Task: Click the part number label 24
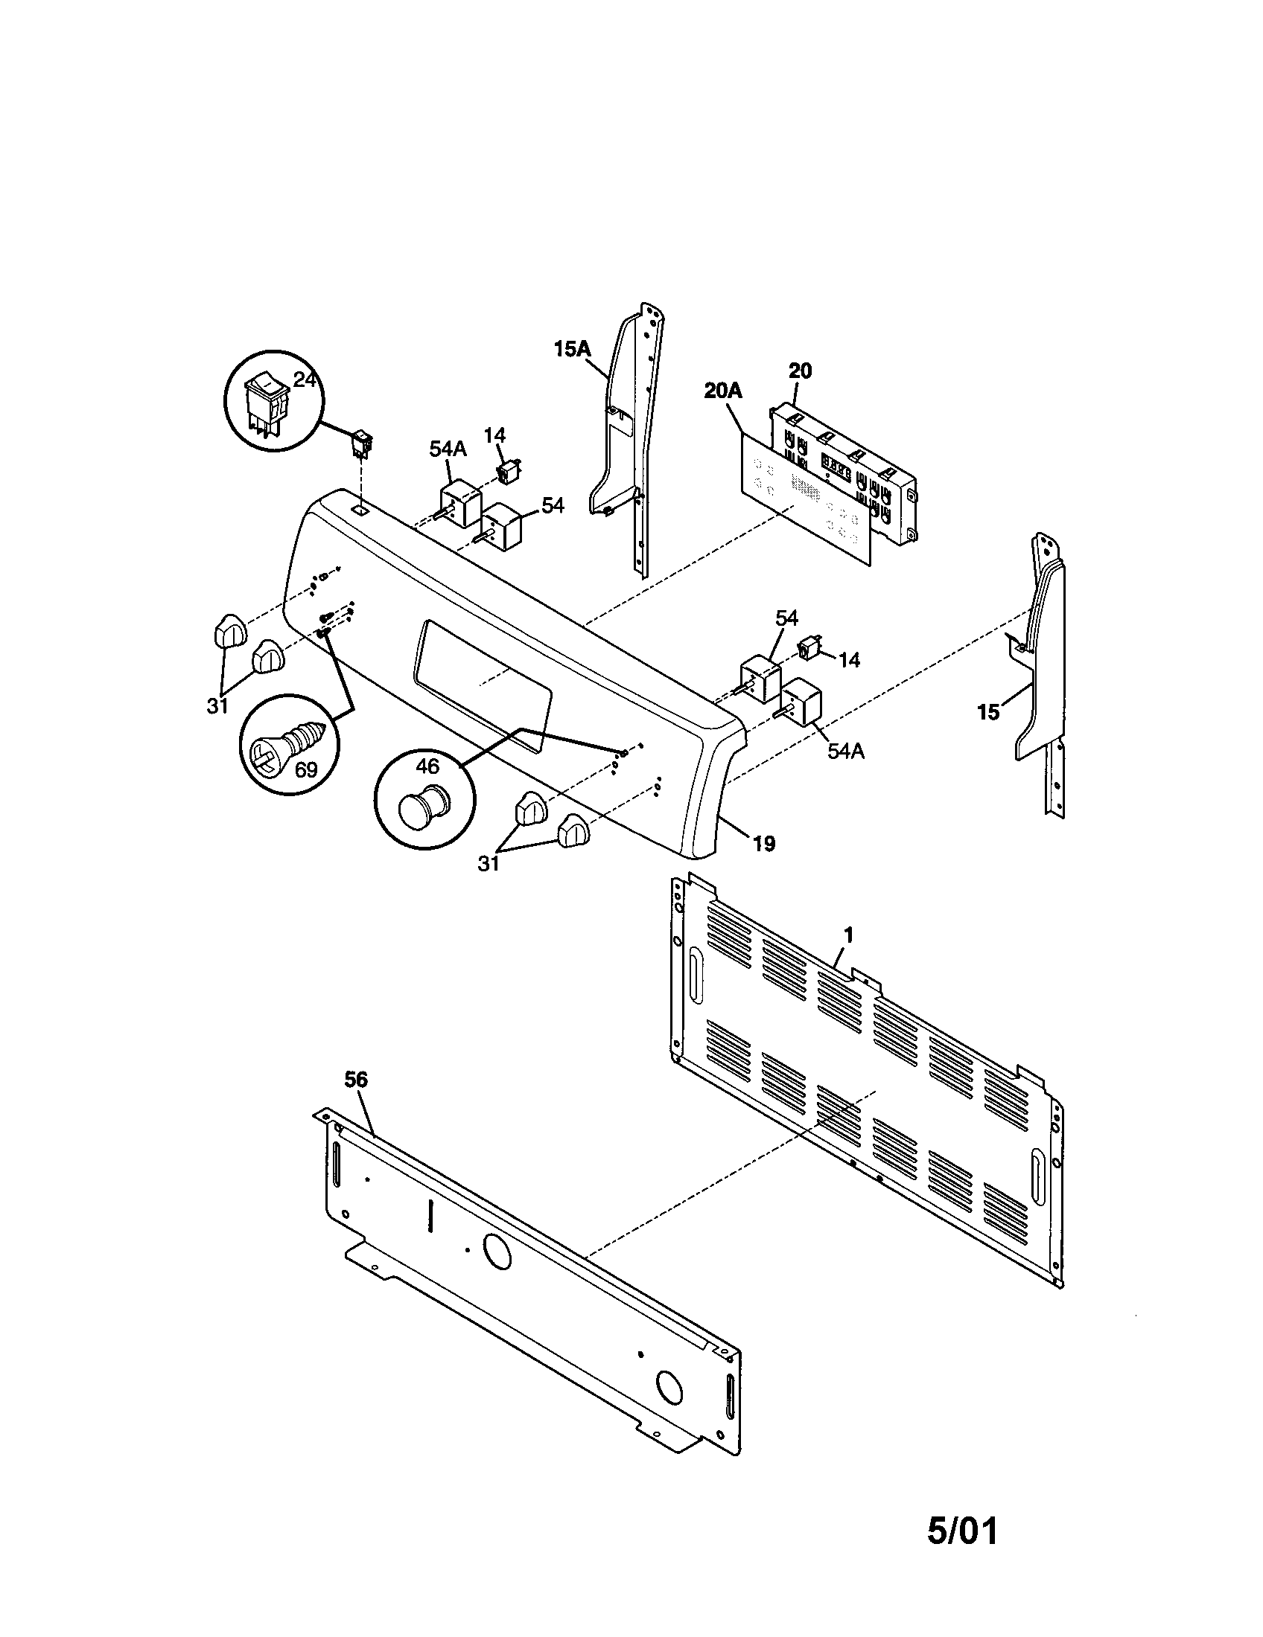tap(305, 380)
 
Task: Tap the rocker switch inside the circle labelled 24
tap(266, 406)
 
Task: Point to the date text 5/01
tap(962, 1552)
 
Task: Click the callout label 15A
tap(573, 348)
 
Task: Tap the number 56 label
tap(356, 1080)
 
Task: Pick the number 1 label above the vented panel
tap(848, 935)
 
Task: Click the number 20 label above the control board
tap(800, 371)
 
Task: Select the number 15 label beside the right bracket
tap(988, 712)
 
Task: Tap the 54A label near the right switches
tap(846, 750)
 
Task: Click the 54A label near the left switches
tap(448, 449)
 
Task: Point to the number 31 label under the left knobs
tap(217, 705)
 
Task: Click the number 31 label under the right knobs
tap(489, 863)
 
